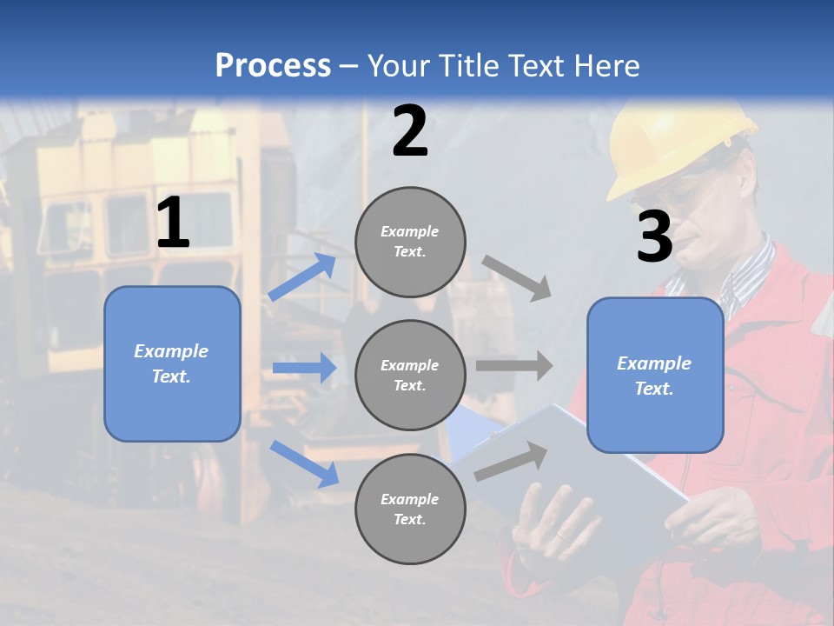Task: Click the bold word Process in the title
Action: [273, 66]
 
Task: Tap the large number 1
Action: [173, 223]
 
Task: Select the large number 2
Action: [410, 131]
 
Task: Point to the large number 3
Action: [654, 236]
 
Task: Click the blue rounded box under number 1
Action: [172, 363]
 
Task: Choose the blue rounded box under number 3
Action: [655, 375]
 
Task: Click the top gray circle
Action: [410, 242]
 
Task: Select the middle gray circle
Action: [410, 375]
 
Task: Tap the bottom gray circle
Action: [410, 509]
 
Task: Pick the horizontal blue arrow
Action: [304, 368]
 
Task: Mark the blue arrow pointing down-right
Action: [304, 463]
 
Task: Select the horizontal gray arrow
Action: [514, 365]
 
